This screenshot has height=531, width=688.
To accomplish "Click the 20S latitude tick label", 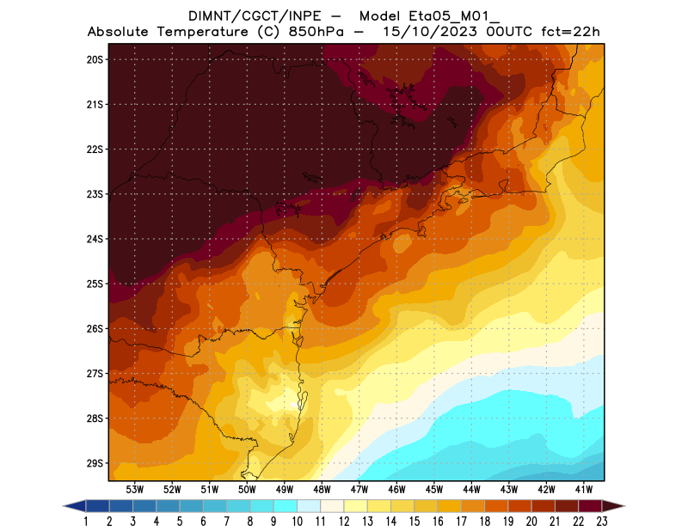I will (x=95, y=59).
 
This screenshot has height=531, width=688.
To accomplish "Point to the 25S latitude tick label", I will (x=95, y=284).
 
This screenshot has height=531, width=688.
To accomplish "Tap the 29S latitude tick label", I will (x=95, y=463).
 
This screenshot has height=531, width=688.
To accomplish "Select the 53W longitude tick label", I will (x=135, y=489).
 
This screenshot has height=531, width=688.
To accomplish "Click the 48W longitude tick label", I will (x=322, y=489).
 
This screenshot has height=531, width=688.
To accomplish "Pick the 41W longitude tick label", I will (x=584, y=489).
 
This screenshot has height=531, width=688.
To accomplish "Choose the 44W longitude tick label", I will (x=471, y=489).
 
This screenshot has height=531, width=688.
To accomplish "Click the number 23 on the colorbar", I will (x=601, y=522).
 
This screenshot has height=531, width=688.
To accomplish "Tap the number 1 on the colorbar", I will (x=87, y=522).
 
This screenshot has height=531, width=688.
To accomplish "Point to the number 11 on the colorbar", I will (x=321, y=522).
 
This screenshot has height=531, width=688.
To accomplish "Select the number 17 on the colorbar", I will (x=461, y=522).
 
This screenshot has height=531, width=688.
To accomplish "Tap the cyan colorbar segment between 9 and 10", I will (x=286, y=506).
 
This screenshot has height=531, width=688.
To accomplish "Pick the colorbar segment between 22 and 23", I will (x=589, y=506).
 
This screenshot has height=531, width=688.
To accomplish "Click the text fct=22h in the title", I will (x=569, y=32).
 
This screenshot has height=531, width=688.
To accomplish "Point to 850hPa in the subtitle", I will (x=321, y=32).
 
